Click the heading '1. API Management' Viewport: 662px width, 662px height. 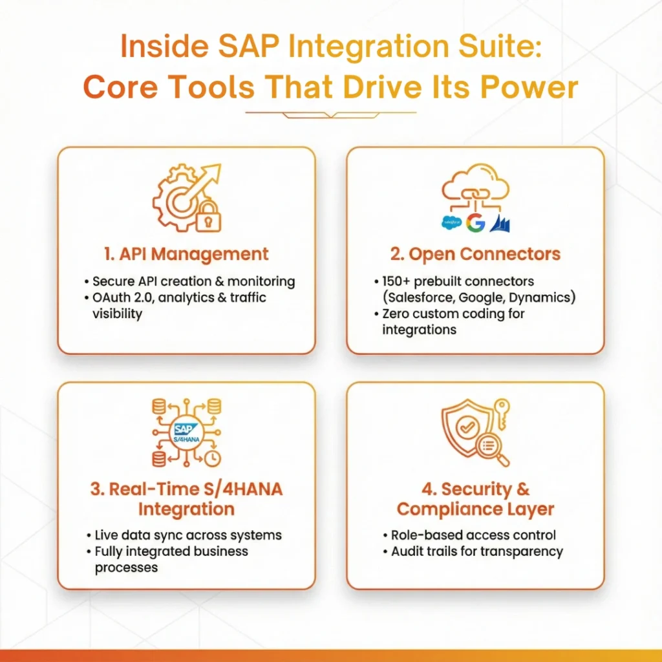point(186,254)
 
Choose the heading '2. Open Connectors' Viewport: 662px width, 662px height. point(475,254)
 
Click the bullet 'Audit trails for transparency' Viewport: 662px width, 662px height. point(477,551)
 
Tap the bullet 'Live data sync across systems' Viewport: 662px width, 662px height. point(187,535)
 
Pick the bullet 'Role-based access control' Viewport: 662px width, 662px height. point(473,535)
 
